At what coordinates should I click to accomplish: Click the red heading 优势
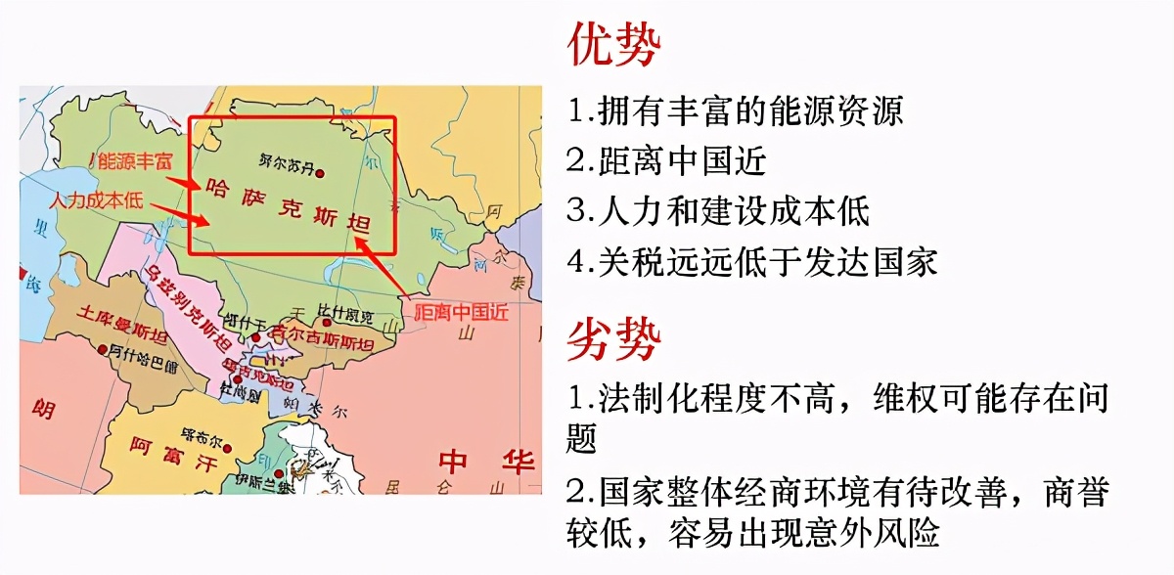613,44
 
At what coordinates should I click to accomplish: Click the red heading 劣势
613,339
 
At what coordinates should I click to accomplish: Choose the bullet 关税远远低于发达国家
752,261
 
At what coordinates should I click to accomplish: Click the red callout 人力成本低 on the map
97,200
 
